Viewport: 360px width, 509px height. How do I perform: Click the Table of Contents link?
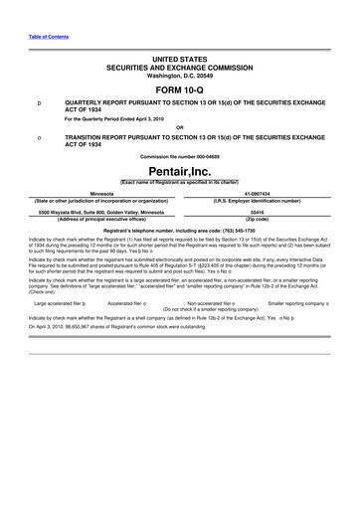pyautogui.click(x=45, y=39)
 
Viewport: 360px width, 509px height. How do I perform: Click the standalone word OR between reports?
pyautogui.click(x=179, y=126)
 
